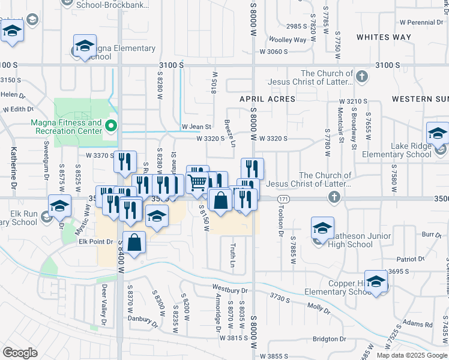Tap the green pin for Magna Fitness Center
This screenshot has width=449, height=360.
coord(110,126)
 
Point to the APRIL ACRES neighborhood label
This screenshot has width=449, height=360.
coord(267,98)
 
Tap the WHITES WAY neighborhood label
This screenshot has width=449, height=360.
coord(384,37)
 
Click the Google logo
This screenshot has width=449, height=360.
coord(20,353)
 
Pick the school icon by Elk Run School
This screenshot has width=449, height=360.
coord(59,206)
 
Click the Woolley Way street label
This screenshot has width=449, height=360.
coord(287,40)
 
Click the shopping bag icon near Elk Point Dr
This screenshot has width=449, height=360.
coord(135,242)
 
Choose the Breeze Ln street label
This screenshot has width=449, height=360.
coord(229,131)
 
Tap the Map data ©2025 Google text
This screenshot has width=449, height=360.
coord(411,355)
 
